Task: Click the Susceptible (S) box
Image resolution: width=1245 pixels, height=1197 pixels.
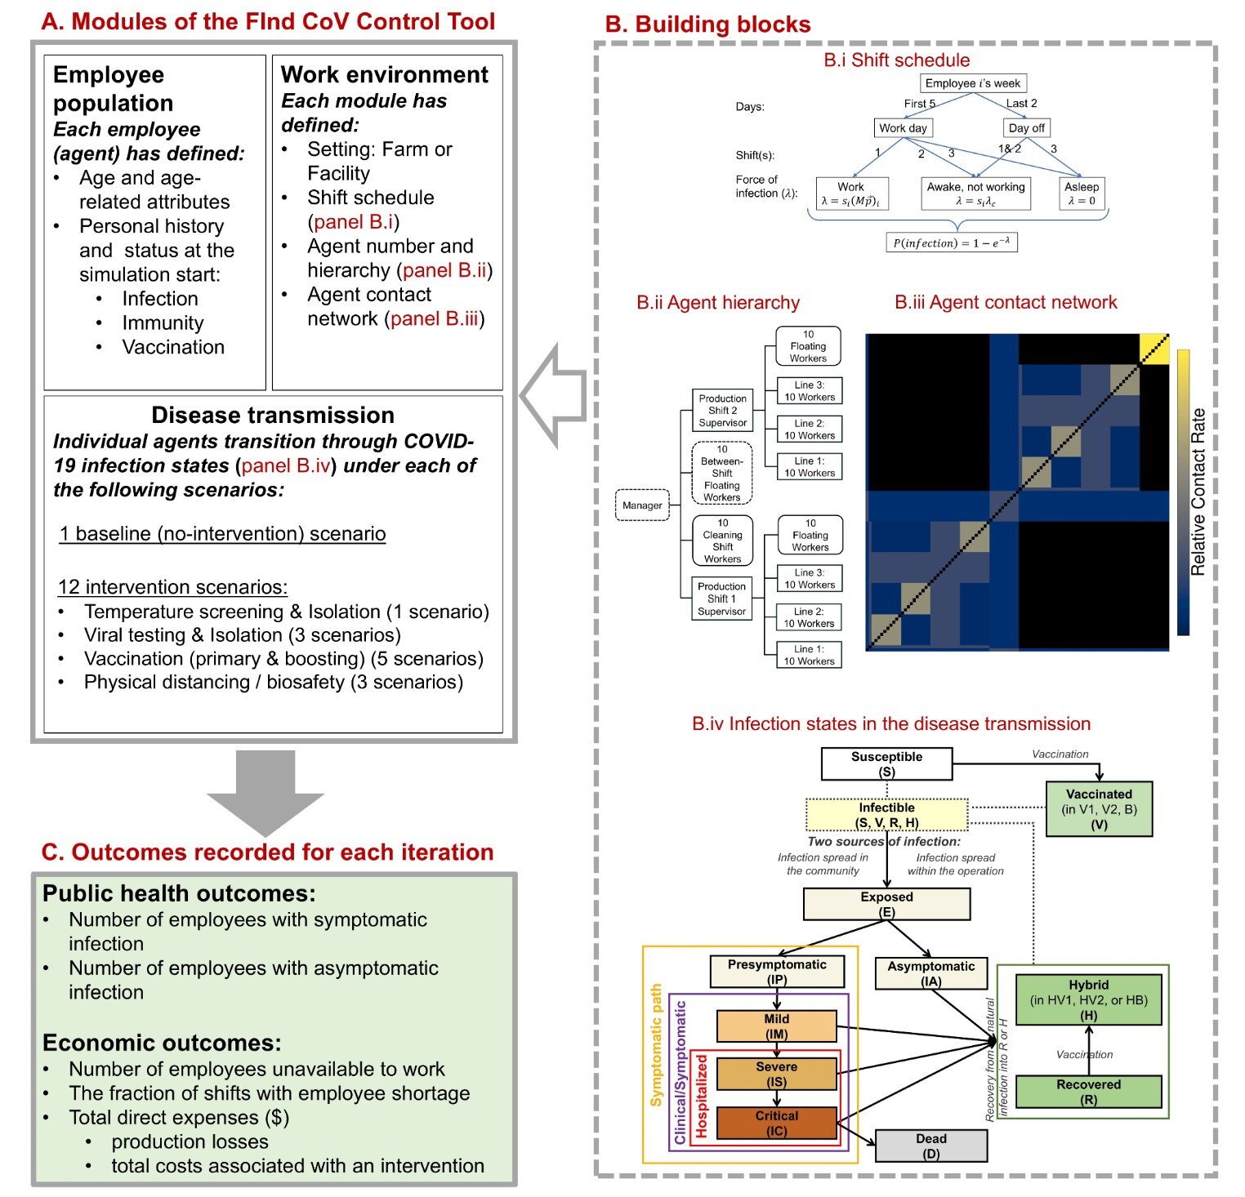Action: (886, 763)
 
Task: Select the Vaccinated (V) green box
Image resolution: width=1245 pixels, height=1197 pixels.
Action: (1099, 808)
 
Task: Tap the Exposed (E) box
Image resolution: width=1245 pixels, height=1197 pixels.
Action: (886, 904)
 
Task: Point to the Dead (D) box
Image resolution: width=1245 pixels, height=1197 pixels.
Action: (930, 1146)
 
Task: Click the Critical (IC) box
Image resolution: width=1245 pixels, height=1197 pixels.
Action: (776, 1123)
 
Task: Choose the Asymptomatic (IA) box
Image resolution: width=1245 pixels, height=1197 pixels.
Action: (930, 973)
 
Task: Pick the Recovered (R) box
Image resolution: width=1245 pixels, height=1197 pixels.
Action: (1088, 1092)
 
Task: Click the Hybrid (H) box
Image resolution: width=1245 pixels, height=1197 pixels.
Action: (1088, 999)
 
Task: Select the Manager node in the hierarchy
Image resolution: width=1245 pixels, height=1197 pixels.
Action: (642, 505)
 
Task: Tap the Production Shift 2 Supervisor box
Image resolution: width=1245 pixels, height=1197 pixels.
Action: (722, 411)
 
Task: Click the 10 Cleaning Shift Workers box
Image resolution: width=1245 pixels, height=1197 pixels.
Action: (722, 541)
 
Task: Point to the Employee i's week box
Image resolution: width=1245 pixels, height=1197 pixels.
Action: (972, 83)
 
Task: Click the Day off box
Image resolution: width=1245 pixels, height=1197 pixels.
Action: (1026, 128)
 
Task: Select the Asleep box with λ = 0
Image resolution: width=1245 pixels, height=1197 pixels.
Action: (1082, 194)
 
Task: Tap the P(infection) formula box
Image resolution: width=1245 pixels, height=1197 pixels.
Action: (952, 243)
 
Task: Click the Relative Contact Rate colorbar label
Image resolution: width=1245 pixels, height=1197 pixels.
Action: (1198, 492)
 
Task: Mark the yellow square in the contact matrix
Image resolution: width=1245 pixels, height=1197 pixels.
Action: (1154, 349)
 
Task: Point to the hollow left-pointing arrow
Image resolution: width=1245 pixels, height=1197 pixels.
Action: (553, 396)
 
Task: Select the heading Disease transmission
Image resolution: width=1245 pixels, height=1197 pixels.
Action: (273, 415)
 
